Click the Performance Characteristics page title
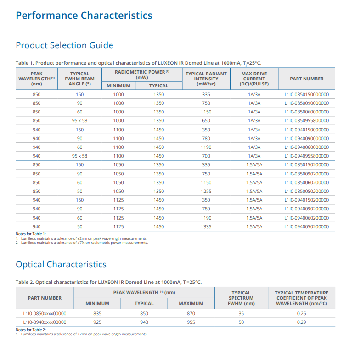click(x=84, y=16)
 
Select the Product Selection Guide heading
click(x=64, y=45)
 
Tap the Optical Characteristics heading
click(x=61, y=264)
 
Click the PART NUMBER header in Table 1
click(x=307, y=79)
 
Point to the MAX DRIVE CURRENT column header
click(x=254, y=79)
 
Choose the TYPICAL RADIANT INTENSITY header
click(x=206, y=79)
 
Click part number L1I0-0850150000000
click(x=306, y=95)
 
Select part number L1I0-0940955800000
click(x=306, y=156)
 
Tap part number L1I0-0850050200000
click(x=306, y=192)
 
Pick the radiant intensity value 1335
click(x=206, y=227)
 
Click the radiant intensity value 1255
click(x=206, y=192)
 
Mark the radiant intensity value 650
click(x=206, y=121)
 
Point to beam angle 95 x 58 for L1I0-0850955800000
click(x=79, y=121)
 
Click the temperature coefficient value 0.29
click(x=301, y=322)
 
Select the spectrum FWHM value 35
click(x=241, y=313)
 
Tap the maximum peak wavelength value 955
click(x=191, y=322)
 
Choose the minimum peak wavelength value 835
click(x=97, y=313)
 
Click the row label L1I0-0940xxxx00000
click(x=45, y=322)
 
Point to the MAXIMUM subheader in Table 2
click(x=191, y=303)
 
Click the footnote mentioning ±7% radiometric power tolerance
click(x=82, y=243)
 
